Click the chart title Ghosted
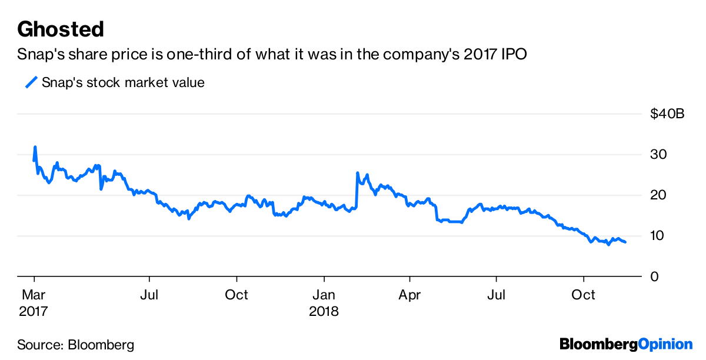[61, 29]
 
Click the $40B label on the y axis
[667, 114]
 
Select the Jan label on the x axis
[323, 294]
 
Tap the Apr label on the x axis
[410, 294]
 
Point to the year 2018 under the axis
[324, 311]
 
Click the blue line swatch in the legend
[31, 82]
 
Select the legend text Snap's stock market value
[123, 82]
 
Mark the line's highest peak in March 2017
[35, 147]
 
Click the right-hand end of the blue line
[625, 242]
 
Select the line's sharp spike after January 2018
[358, 173]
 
